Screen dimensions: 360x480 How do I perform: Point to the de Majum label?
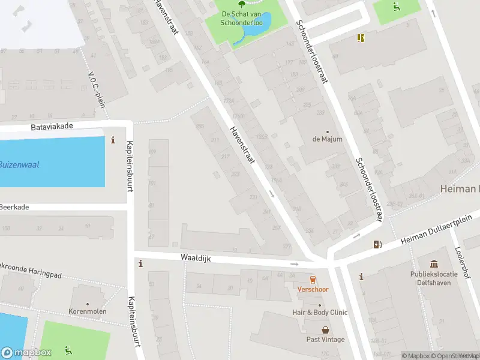pos(328,139)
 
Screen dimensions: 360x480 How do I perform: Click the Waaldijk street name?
pos(194,257)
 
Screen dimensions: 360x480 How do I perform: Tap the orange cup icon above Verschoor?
pos(312,280)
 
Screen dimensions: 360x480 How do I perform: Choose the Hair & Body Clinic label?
pos(320,313)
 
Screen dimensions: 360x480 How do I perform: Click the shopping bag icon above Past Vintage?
pos(325,330)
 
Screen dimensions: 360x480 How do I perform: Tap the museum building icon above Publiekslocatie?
pos(434,264)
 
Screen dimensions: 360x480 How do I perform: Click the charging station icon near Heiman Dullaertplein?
pos(377,244)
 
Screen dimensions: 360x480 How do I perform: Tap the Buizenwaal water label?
pos(19,164)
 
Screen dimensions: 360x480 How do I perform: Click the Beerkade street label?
pos(14,206)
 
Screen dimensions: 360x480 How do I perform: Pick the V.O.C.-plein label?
pos(97,90)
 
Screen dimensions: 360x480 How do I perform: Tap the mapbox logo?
pos(26,352)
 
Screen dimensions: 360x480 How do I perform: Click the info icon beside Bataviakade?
pos(113,140)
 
